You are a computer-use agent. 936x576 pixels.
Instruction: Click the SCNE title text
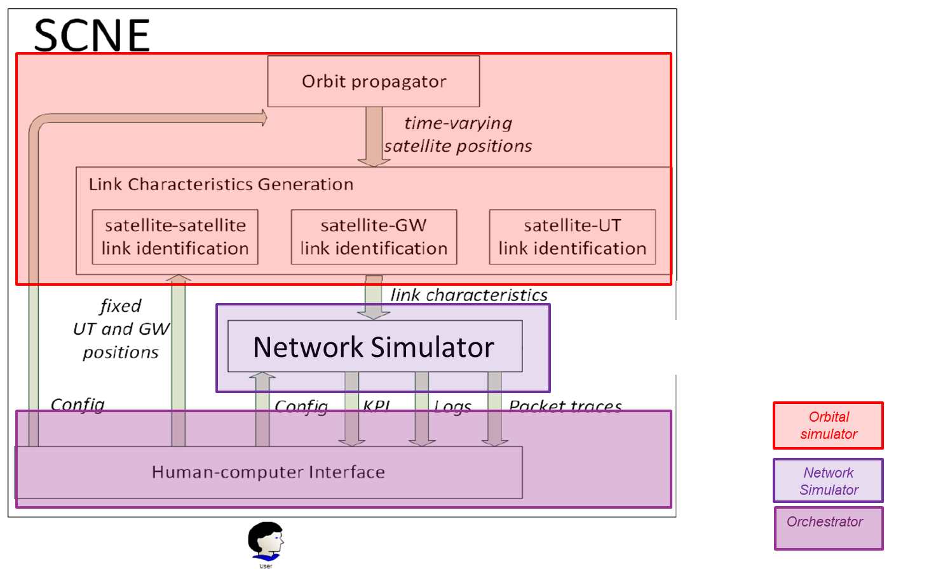click(92, 36)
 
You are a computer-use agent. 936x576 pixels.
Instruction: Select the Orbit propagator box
click(374, 81)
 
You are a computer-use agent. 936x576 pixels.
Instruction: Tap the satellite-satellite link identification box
click(175, 237)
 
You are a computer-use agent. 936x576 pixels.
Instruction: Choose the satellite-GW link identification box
click(374, 237)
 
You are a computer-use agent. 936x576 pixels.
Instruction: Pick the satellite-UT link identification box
click(572, 237)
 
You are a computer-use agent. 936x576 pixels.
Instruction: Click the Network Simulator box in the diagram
click(374, 347)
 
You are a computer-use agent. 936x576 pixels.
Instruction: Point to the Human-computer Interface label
click(268, 472)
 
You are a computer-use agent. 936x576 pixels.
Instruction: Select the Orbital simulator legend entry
click(828, 425)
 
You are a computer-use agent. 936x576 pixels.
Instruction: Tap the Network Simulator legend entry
click(828, 481)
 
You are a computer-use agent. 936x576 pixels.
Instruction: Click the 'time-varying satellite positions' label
click(458, 135)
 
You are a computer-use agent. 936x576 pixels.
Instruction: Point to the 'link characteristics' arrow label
click(469, 295)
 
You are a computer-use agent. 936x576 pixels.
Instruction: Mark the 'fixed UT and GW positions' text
click(121, 329)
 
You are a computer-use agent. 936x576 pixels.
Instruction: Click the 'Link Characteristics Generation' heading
click(220, 185)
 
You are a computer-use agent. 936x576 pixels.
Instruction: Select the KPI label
click(376, 406)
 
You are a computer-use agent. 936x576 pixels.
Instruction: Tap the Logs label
click(452, 406)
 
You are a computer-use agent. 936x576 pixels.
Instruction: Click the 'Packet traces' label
click(565, 406)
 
